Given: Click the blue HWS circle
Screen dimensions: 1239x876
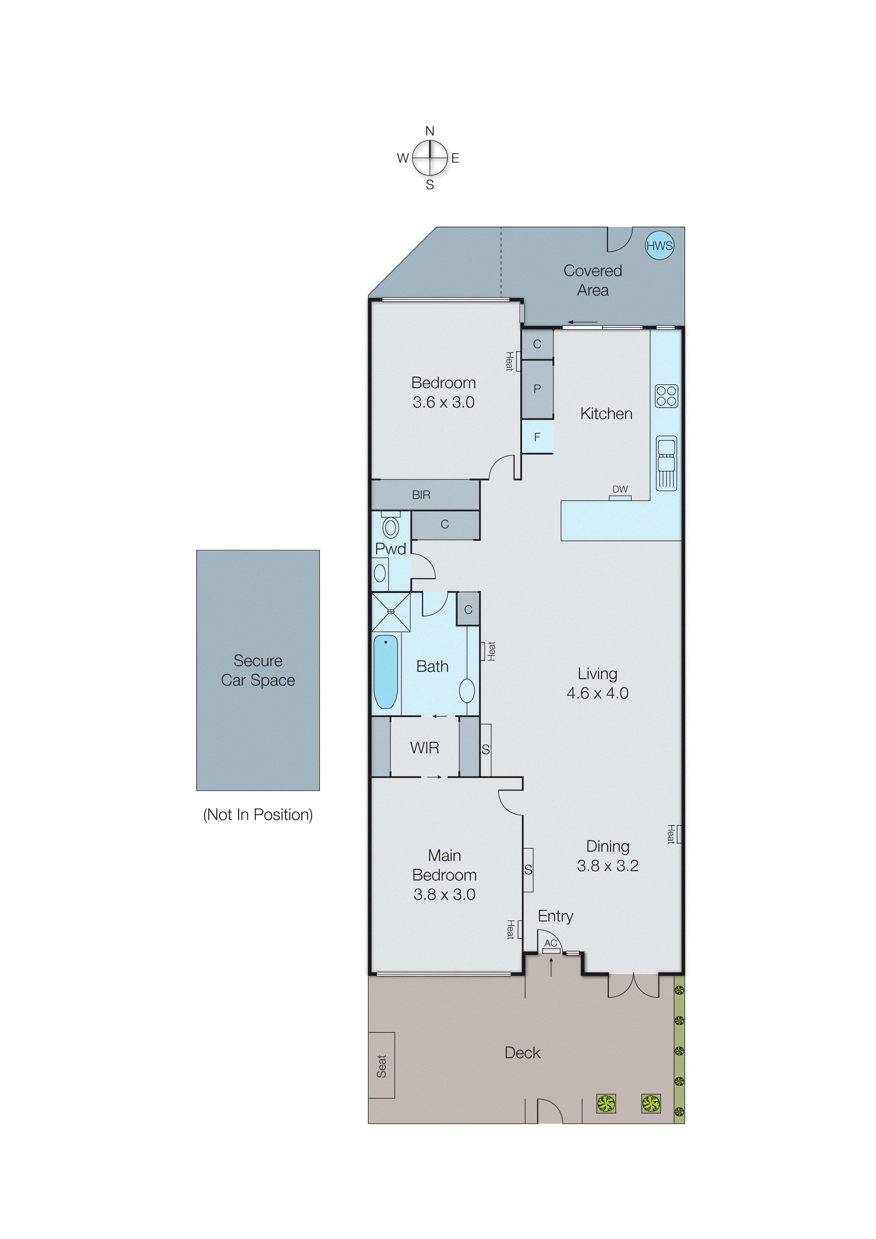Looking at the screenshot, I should coord(659,245).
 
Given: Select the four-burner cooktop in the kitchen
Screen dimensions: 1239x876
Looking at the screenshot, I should coord(666,396).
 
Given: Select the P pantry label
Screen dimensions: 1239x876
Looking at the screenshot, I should coord(537,389).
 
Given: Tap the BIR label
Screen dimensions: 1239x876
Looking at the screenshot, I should coord(421,495).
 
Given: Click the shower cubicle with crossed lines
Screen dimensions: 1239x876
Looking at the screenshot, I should coord(391,611).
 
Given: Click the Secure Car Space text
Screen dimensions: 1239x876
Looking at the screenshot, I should coord(258,670).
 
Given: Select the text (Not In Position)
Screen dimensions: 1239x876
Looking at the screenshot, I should coord(258,814).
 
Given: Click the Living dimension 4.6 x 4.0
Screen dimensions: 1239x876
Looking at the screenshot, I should coord(598,693).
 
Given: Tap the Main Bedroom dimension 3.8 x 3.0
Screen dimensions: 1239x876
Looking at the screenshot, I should coord(444,894).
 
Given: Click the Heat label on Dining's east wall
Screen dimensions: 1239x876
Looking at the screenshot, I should coord(671,834).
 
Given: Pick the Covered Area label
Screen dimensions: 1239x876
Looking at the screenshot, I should coord(593,280).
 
